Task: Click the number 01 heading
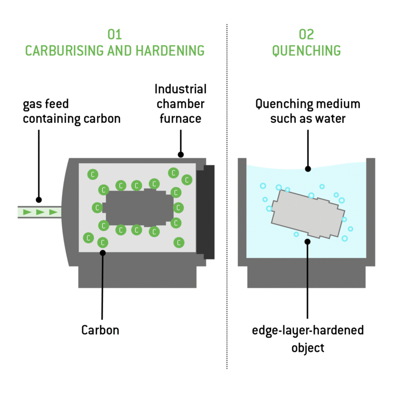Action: pos(114,35)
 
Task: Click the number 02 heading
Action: pos(306,35)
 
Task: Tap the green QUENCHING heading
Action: pos(306,51)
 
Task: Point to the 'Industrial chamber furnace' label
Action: pos(180,104)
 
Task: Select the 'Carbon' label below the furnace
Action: pos(100,330)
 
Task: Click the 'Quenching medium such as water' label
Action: pos(307,112)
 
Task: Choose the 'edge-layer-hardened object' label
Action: pos(307,338)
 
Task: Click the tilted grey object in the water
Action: pos(307,214)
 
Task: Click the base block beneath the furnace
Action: pos(137,276)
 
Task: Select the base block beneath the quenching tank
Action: pos(307,276)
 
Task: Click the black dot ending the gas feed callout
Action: pos(39,200)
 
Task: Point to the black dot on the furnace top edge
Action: pos(180,154)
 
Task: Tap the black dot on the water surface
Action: pos(307,169)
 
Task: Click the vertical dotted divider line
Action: pos(227,205)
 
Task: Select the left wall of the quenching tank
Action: pos(243,210)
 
